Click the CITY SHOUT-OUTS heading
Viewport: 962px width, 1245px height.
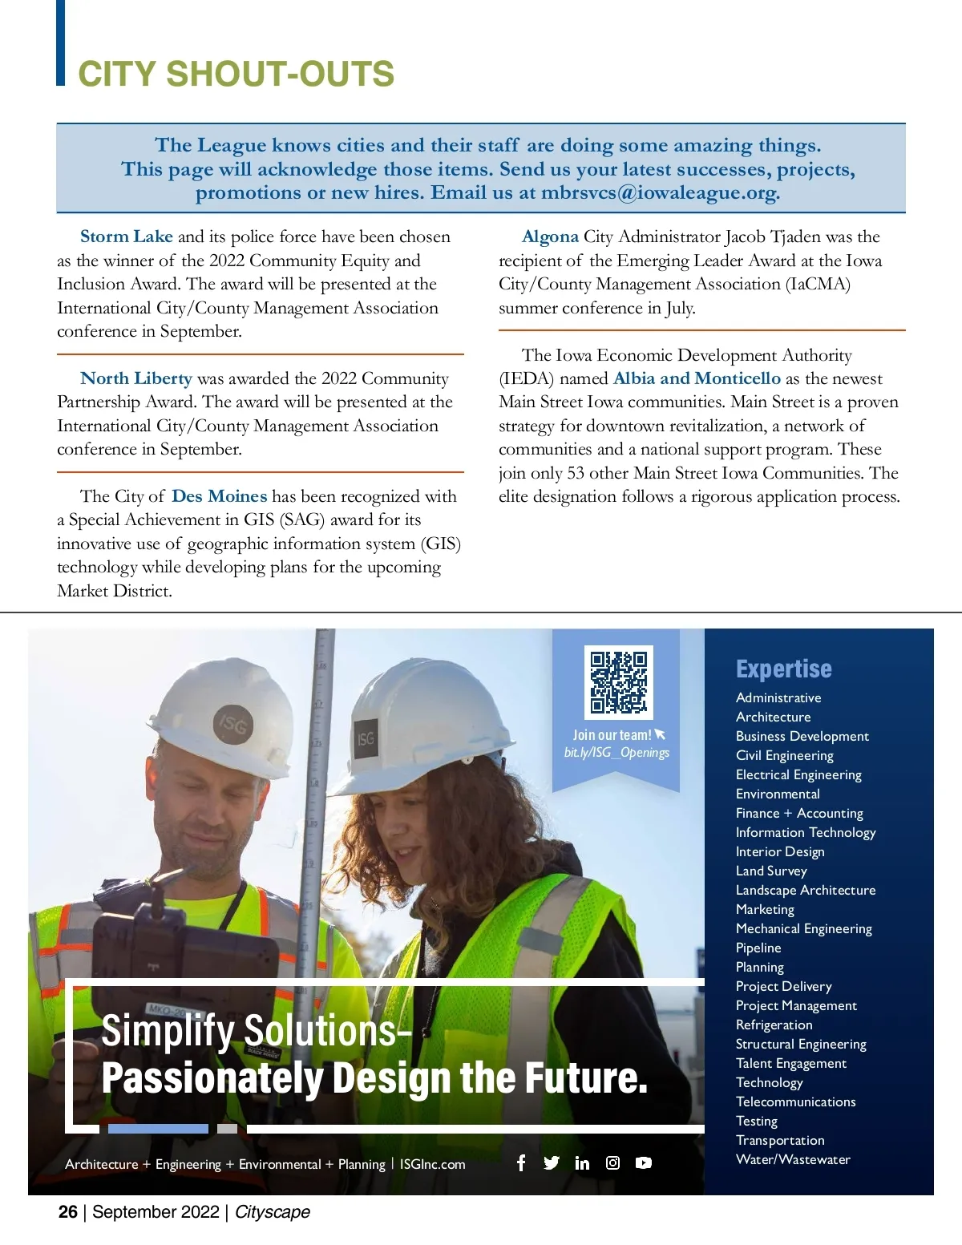pos(236,75)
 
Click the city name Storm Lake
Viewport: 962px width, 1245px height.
pos(127,236)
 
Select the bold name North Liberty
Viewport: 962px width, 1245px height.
pos(136,378)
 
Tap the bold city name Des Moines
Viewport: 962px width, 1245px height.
pos(219,496)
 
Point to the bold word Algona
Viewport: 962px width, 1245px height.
pos(550,236)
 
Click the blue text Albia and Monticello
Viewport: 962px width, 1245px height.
pos(697,378)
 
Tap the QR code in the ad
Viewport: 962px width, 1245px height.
pos(618,682)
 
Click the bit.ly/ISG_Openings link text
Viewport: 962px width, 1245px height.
pos(616,753)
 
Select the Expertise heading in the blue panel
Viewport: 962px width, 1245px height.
pos(783,669)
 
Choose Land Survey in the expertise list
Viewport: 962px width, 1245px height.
pos(771,871)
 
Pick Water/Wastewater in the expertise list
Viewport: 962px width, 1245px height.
pos(793,1159)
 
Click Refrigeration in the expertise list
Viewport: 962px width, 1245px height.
pos(774,1025)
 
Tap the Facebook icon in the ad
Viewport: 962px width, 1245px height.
pos(521,1162)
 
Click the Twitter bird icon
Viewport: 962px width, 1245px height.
pos(552,1162)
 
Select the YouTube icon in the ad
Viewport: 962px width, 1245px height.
pos(644,1162)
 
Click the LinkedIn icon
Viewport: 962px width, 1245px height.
pos(582,1162)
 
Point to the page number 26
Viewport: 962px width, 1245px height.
pos(68,1211)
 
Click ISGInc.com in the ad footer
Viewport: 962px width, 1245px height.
pos(432,1164)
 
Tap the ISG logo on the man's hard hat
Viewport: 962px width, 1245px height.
pos(232,726)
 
